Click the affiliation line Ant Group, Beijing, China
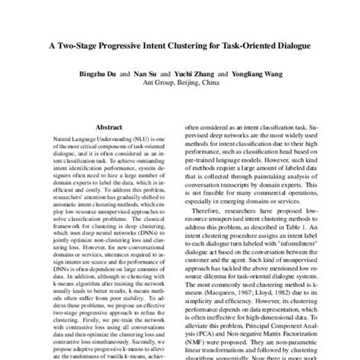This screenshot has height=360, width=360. pyautogui.click(x=180, y=85)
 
